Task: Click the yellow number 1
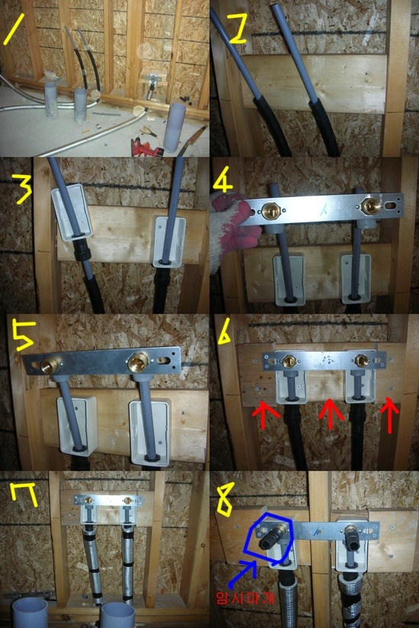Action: [14, 29]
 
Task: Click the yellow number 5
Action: [24, 335]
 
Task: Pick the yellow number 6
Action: [225, 330]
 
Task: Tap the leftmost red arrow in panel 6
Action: [265, 415]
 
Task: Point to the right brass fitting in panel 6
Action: [361, 361]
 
